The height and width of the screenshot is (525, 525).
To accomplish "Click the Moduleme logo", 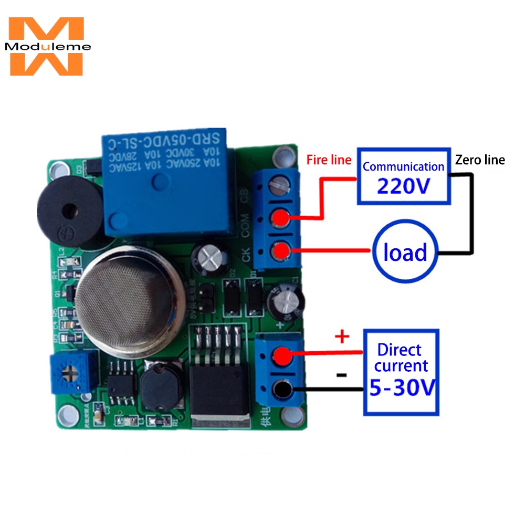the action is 46,46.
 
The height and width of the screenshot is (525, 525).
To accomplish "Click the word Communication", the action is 403,167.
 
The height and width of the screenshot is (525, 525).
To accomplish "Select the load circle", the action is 405,253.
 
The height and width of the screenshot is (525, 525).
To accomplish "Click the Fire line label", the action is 329,160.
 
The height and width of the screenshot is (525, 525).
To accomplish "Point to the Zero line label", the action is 480,160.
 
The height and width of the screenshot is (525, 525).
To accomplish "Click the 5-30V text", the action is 402,388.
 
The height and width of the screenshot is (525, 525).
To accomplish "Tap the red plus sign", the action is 342,337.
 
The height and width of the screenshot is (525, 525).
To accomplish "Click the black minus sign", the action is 341,375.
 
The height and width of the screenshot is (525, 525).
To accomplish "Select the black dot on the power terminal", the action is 283,390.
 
